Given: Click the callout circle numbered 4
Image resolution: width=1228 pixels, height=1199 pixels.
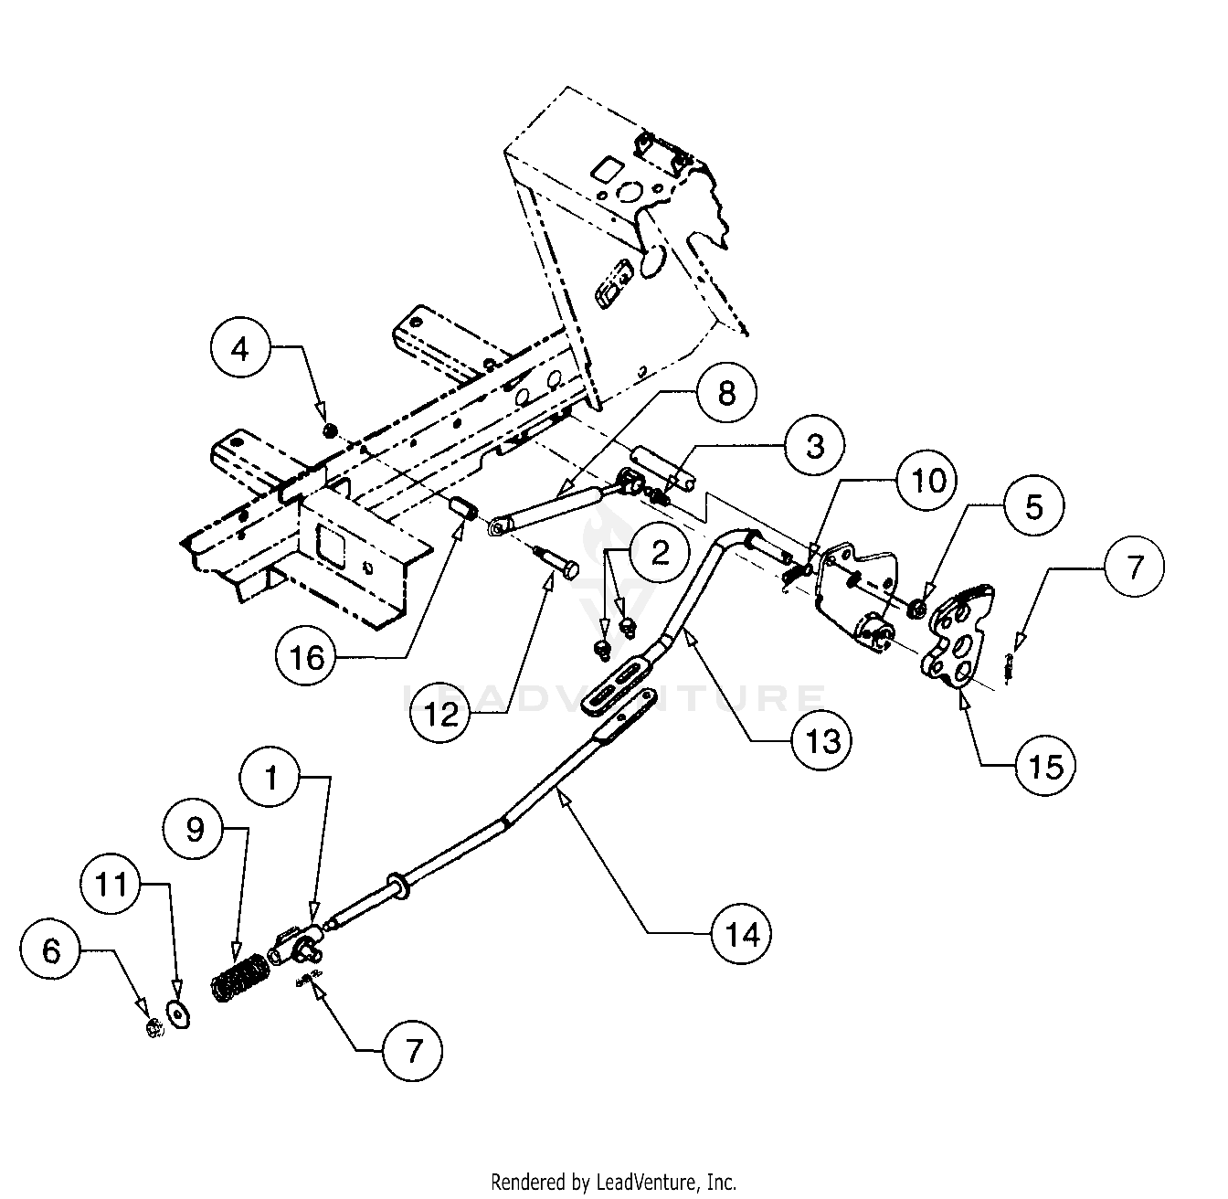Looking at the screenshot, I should click(x=239, y=350).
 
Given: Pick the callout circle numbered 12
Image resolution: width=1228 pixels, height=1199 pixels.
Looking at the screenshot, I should click(x=441, y=714).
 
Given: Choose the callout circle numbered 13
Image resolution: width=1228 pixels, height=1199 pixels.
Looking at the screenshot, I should click(x=822, y=740).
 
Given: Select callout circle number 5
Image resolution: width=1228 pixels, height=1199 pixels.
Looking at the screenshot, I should click(x=1033, y=505).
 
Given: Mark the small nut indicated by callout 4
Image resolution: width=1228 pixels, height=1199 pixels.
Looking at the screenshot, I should click(x=331, y=430).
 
